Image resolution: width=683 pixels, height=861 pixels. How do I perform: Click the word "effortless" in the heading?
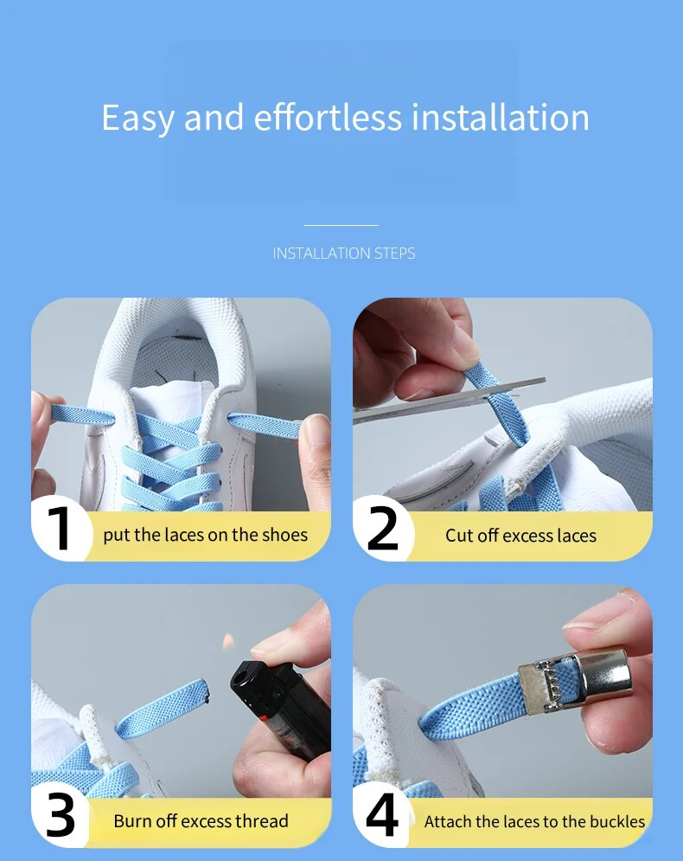328,117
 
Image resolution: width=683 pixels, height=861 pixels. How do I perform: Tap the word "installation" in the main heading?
501,117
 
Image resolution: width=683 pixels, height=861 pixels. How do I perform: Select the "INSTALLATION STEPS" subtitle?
344,254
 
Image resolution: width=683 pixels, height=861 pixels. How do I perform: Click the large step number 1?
60,528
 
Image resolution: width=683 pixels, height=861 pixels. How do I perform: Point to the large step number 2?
382,528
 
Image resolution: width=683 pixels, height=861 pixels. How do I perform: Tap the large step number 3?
61,815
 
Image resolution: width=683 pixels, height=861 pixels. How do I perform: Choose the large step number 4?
382,815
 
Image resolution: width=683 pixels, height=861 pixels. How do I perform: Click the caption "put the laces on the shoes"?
205,535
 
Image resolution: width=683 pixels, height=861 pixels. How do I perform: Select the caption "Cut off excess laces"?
520,536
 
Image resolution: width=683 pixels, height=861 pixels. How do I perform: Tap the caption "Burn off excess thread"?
201,821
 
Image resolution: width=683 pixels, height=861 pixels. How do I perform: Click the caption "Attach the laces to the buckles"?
534,821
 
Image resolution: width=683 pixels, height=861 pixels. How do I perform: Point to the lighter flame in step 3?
228,639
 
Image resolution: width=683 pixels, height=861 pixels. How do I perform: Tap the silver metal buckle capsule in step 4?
601,679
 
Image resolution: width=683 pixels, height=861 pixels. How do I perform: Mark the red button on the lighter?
265,718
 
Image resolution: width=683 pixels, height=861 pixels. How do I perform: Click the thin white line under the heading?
341,225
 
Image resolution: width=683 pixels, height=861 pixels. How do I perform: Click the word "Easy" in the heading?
138,118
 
